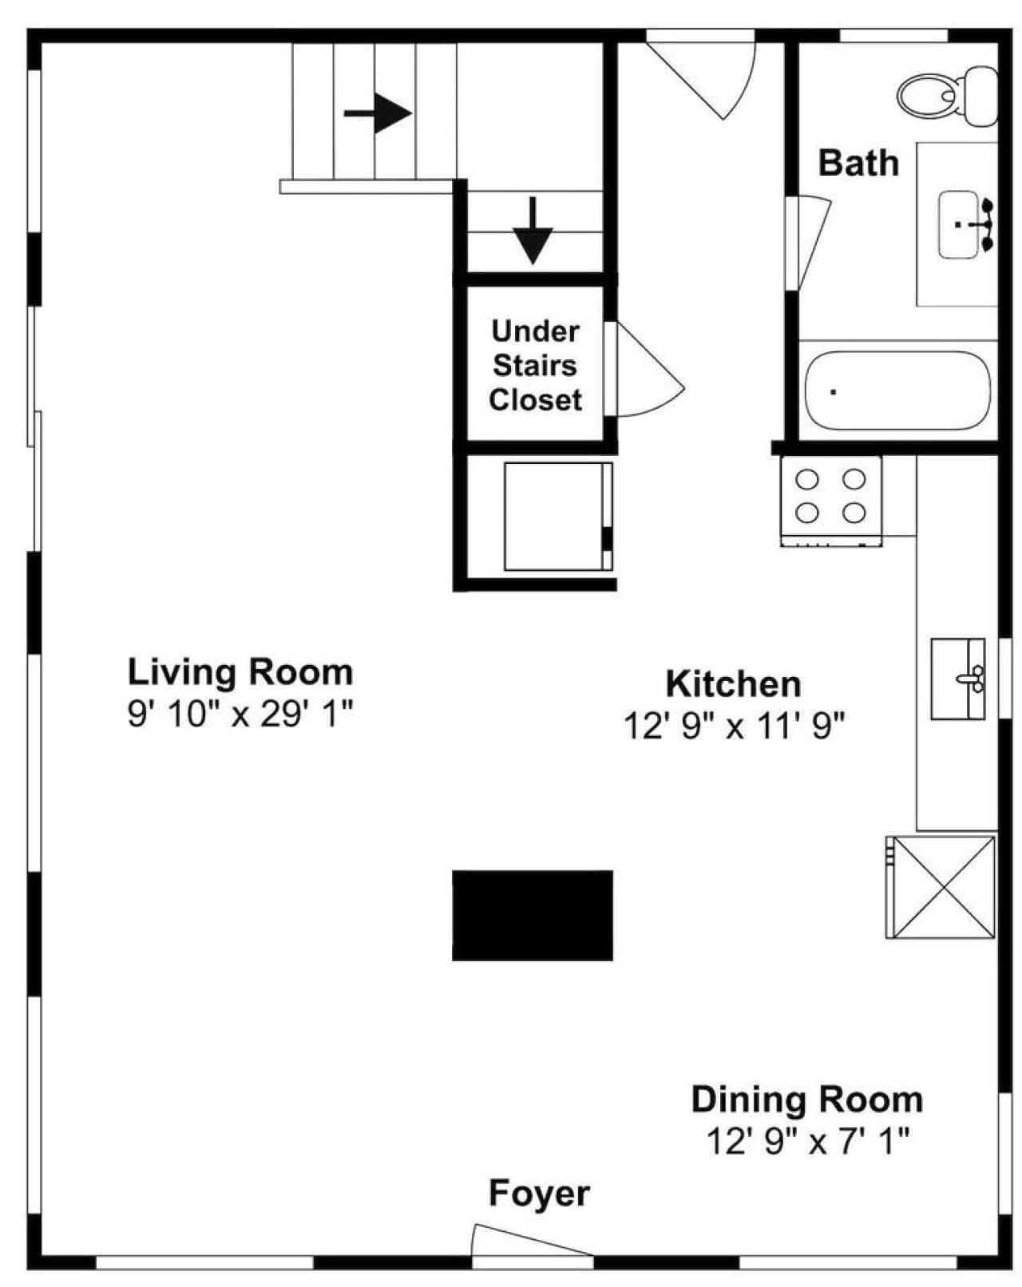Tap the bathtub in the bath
[x=896, y=390]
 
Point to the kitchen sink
[x=957, y=678]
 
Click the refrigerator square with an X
[x=940, y=886]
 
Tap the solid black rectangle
[x=532, y=915]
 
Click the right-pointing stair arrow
[x=378, y=113]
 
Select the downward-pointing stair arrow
[x=533, y=230]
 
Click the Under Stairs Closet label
[x=535, y=366]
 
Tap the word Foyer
[x=539, y=1193]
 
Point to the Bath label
[x=858, y=163]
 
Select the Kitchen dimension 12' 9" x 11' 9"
[x=734, y=726]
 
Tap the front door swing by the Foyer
[x=532, y=1241]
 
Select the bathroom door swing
[x=808, y=242]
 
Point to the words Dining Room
[x=806, y=1099]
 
